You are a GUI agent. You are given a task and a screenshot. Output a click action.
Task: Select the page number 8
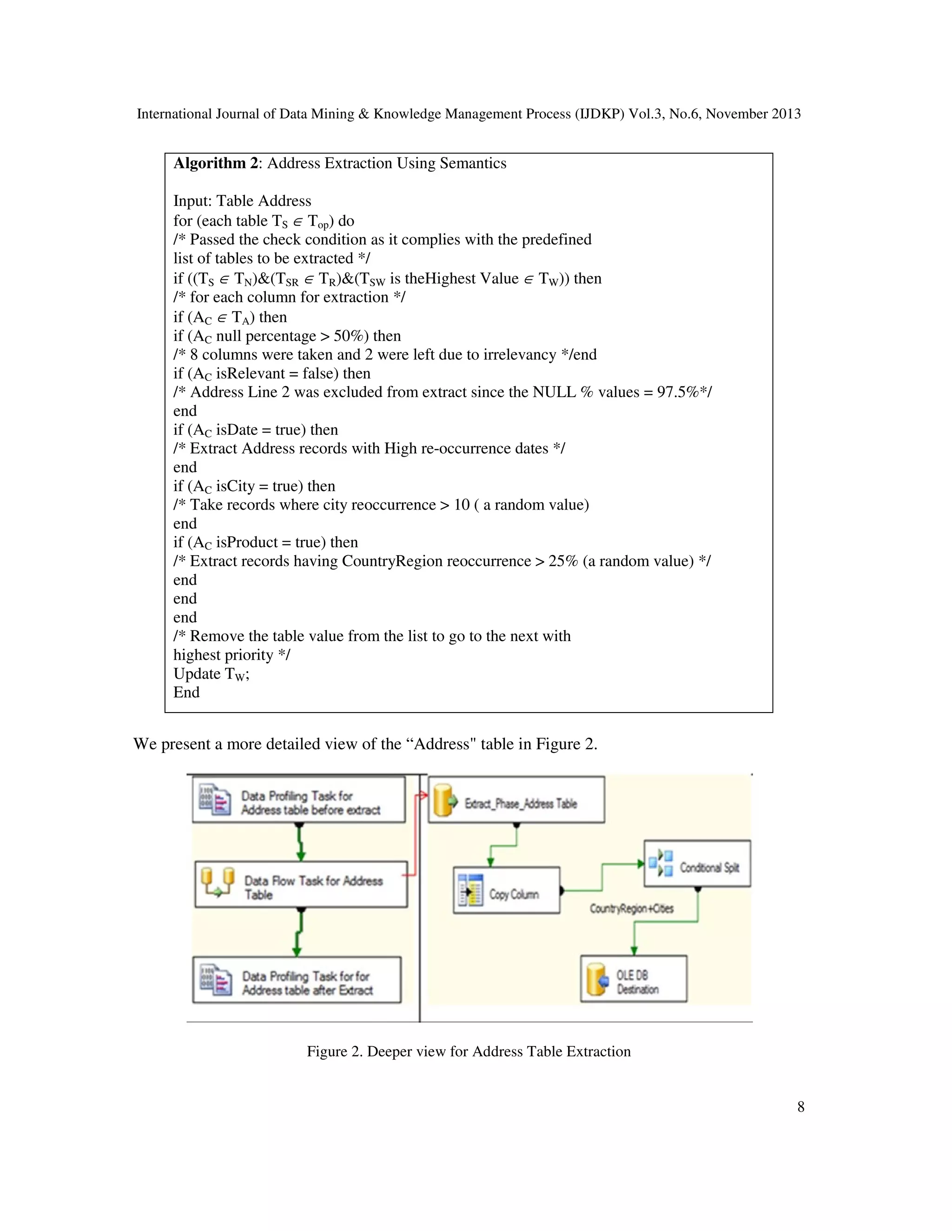coord(800,1107)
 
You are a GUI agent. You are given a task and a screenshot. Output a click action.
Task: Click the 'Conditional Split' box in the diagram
coord(697,864)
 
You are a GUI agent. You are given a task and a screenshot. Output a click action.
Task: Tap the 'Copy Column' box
coord(507,890)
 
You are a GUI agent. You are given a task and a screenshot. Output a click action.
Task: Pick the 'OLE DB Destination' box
coord(634,978)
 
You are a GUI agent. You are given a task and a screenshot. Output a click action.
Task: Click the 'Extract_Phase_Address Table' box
coord(516,800)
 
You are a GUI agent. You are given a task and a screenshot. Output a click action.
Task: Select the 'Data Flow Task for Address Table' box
coord(301,884)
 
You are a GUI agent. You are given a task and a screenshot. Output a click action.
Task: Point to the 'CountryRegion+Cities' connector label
coord(631,909)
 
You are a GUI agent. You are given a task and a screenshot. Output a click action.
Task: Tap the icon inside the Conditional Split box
coord(661,864)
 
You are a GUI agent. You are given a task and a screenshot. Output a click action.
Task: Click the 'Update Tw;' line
coord(211,674)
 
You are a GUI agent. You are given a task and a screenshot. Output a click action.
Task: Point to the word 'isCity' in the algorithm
coord(235,486)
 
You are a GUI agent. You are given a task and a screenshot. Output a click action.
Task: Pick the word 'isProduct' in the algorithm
coord(246,542)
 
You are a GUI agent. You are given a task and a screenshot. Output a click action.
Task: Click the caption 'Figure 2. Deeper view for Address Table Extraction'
coord(468,1052)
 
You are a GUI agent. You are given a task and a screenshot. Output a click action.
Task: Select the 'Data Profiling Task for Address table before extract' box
coord(299,800)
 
